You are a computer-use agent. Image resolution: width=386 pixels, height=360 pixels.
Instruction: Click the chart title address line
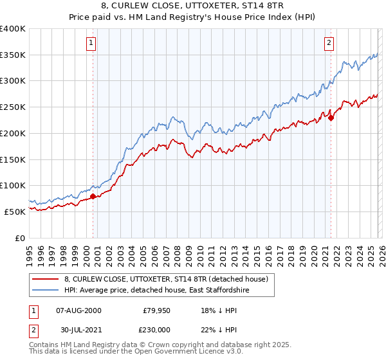193,6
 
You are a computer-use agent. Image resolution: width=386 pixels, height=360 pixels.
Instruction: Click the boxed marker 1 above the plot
91,43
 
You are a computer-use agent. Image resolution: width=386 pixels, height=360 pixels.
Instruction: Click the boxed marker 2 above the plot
329,43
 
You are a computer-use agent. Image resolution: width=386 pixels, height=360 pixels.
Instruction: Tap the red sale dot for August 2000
93,196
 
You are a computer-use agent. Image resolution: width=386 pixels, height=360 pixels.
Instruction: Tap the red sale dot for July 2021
331,118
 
